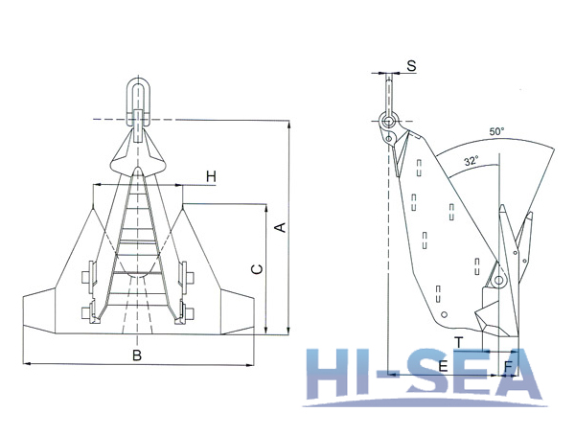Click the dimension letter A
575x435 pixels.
click(x=279, y=227)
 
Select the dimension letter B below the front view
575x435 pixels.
click(x=137, y=356)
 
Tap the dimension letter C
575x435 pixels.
click(x=256, y=270)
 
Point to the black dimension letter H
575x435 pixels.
click(x=211, y=176)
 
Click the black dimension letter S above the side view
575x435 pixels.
click(x=411, y=66)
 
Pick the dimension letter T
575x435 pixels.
click(x=459, y=342)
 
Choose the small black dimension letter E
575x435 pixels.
click(x=443, y=366)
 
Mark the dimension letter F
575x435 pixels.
click(x=507, y=366)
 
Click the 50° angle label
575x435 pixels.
click(x=495, y=131)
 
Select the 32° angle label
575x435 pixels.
click(x=470, y=162)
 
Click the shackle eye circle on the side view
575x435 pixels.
click(x=387, y=122)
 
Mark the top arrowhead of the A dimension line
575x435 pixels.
click(x=288, y=124)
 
